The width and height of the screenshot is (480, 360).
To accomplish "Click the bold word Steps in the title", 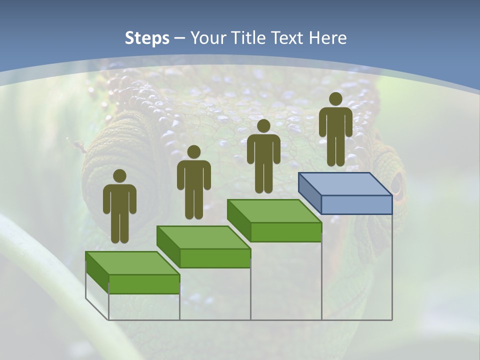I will [147, 38].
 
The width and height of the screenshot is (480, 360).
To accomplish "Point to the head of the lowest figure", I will [119, 176].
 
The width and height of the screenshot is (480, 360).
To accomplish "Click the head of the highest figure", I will [335, 99].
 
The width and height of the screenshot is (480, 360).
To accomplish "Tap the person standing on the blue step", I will [335, 130].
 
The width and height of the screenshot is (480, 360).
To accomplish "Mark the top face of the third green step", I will [274, 211].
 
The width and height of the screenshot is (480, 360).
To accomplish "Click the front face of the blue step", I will [356, 204].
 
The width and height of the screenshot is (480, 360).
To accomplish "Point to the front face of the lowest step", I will [144, 284].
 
